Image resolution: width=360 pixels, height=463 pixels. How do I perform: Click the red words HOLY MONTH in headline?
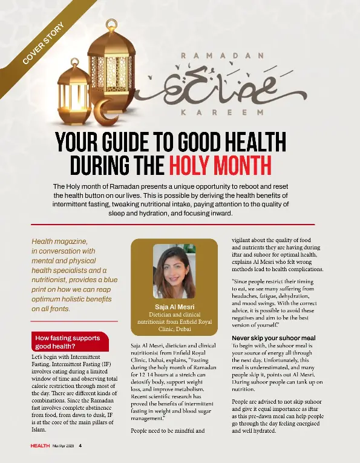[x=220, y=163]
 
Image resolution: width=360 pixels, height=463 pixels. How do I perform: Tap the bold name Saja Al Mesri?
[x=174, y=306]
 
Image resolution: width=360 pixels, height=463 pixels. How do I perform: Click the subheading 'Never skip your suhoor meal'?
[x=273, y=338]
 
